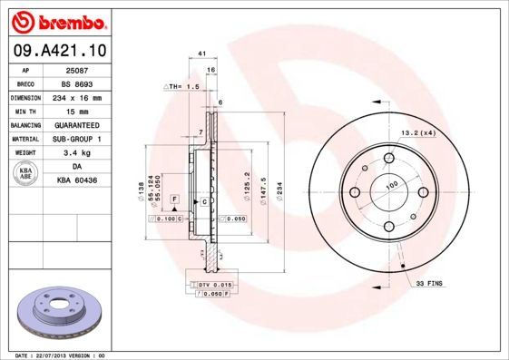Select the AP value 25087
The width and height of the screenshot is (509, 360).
click(79, 69)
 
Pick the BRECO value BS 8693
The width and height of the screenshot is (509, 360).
click(79, 83)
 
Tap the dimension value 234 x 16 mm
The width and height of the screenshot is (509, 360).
click(79, 96)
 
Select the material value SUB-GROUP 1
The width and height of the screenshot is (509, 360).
click(79, 138)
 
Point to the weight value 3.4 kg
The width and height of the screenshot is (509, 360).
click(79, 152)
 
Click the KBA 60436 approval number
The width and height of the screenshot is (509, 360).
click(79, 180)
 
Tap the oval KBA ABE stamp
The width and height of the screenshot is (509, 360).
click(25, 173)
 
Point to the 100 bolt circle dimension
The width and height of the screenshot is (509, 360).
click(392, 187)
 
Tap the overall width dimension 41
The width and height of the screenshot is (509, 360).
click(201, 55)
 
